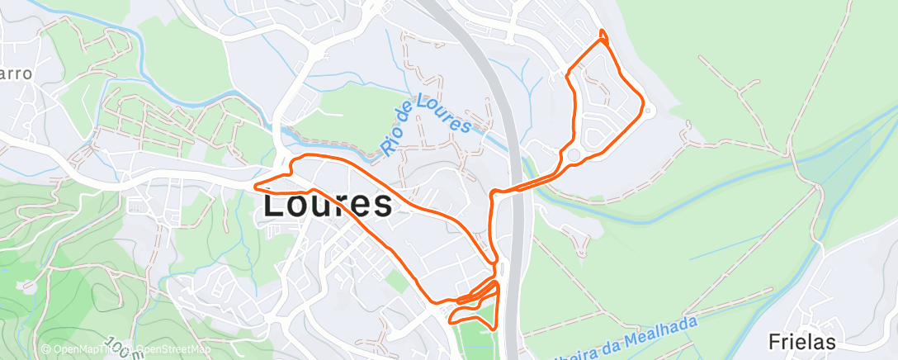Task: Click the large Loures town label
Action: (x=327, y=205)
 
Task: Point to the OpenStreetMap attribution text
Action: (x=173, y=349)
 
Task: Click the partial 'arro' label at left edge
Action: (x=16, y=73)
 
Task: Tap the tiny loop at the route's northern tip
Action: (x=603, y=35)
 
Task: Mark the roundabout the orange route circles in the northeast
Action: (x=573, y=155)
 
